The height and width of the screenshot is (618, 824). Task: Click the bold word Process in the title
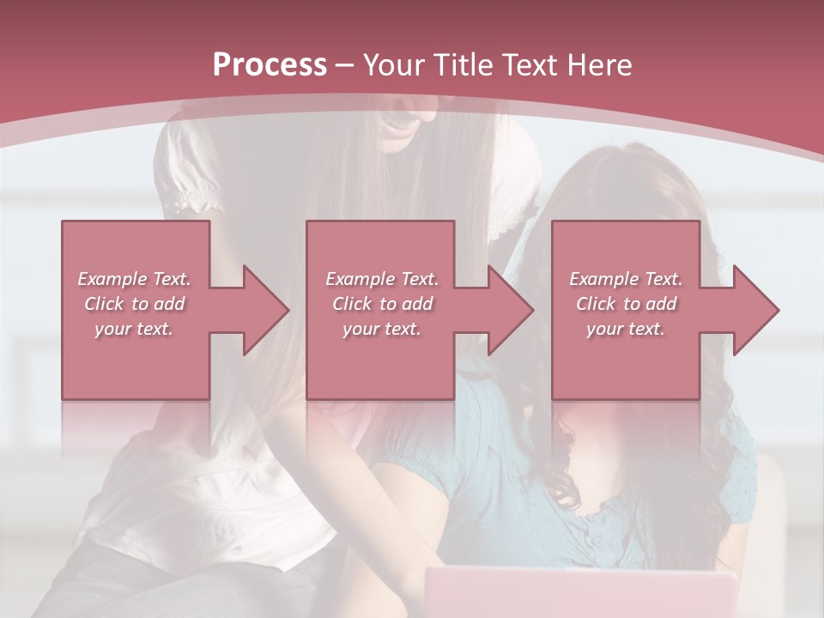270,65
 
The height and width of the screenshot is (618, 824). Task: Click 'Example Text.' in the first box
134,279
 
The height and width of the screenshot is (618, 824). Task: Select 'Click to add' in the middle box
382,304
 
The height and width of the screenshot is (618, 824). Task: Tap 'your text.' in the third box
626,329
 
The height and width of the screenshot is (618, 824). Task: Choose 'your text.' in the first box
134,329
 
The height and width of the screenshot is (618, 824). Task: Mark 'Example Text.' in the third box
626,279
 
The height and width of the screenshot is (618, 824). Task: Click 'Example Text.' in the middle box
382,279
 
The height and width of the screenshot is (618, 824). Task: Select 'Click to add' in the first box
134,304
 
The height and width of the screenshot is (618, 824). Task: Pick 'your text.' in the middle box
382,329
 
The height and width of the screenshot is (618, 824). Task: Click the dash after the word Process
345,66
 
